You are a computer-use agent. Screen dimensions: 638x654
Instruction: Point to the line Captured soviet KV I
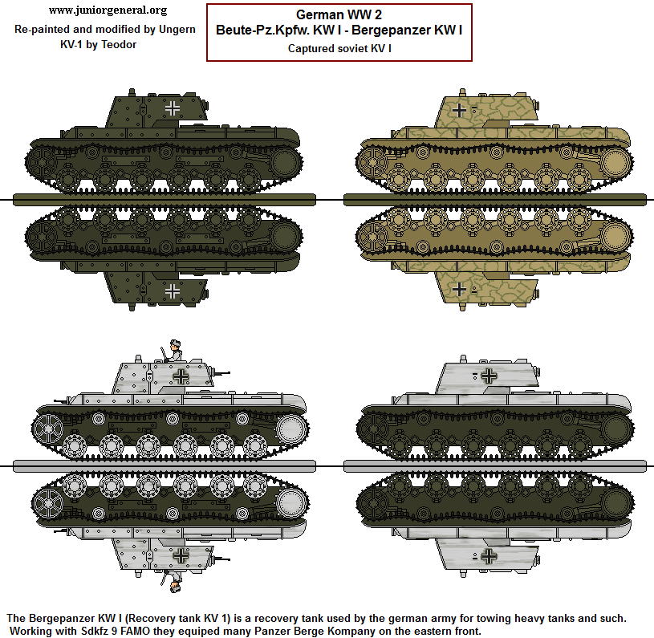[x=339, y=47]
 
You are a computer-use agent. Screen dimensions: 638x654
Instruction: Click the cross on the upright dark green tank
[x=173, y=107]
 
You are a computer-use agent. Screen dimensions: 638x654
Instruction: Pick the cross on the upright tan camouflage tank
[x=458, y=109]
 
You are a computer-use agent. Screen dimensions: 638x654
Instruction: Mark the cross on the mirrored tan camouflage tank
[x=458, y=288]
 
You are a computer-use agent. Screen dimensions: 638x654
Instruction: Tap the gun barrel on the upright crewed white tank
[x=221, y=373]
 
